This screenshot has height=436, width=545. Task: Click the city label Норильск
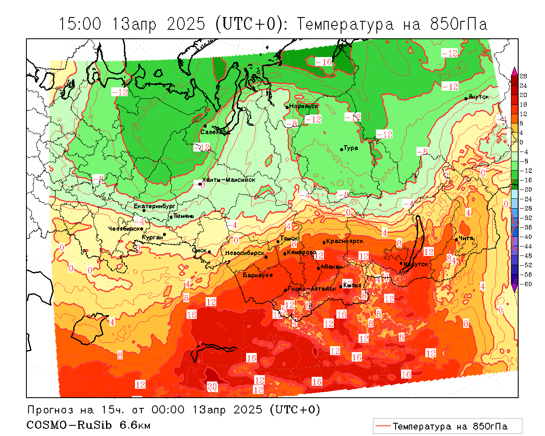[x=304, y=106]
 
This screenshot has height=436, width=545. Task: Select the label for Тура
[x=351, y=148]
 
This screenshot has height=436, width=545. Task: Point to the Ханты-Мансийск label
[x=229, y=180]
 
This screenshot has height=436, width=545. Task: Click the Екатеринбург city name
[x=155, y=206]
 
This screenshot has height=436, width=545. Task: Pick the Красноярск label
[x=345, y=241]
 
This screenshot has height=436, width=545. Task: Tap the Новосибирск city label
[x=245, y=253]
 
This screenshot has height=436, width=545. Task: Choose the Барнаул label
[x=256, y=275]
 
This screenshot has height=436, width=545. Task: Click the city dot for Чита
[x=456, y=239]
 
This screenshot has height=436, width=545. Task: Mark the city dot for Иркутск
[x=401, y=263]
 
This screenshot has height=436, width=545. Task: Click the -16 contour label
[x=324, y=62]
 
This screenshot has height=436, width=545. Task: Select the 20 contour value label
[x=212, y=387]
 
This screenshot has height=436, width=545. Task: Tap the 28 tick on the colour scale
[x=523, y=76]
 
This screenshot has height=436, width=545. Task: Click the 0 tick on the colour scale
[x=522, y=142]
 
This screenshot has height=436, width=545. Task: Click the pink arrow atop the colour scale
[x=514, y=71]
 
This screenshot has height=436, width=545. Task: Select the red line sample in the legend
[x=383, y=426]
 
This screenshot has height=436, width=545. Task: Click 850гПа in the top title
[x=459, y=24]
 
